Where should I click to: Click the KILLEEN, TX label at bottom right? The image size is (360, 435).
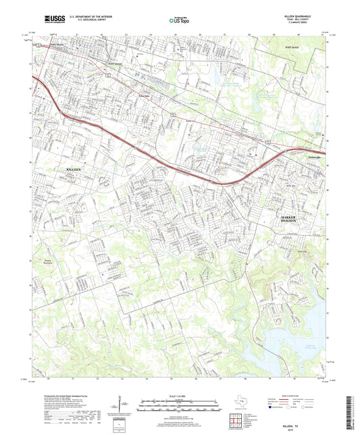pyautogui.click(x=298, y=417)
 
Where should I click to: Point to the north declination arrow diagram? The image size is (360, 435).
pyautogui.click(x=126, y=407)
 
